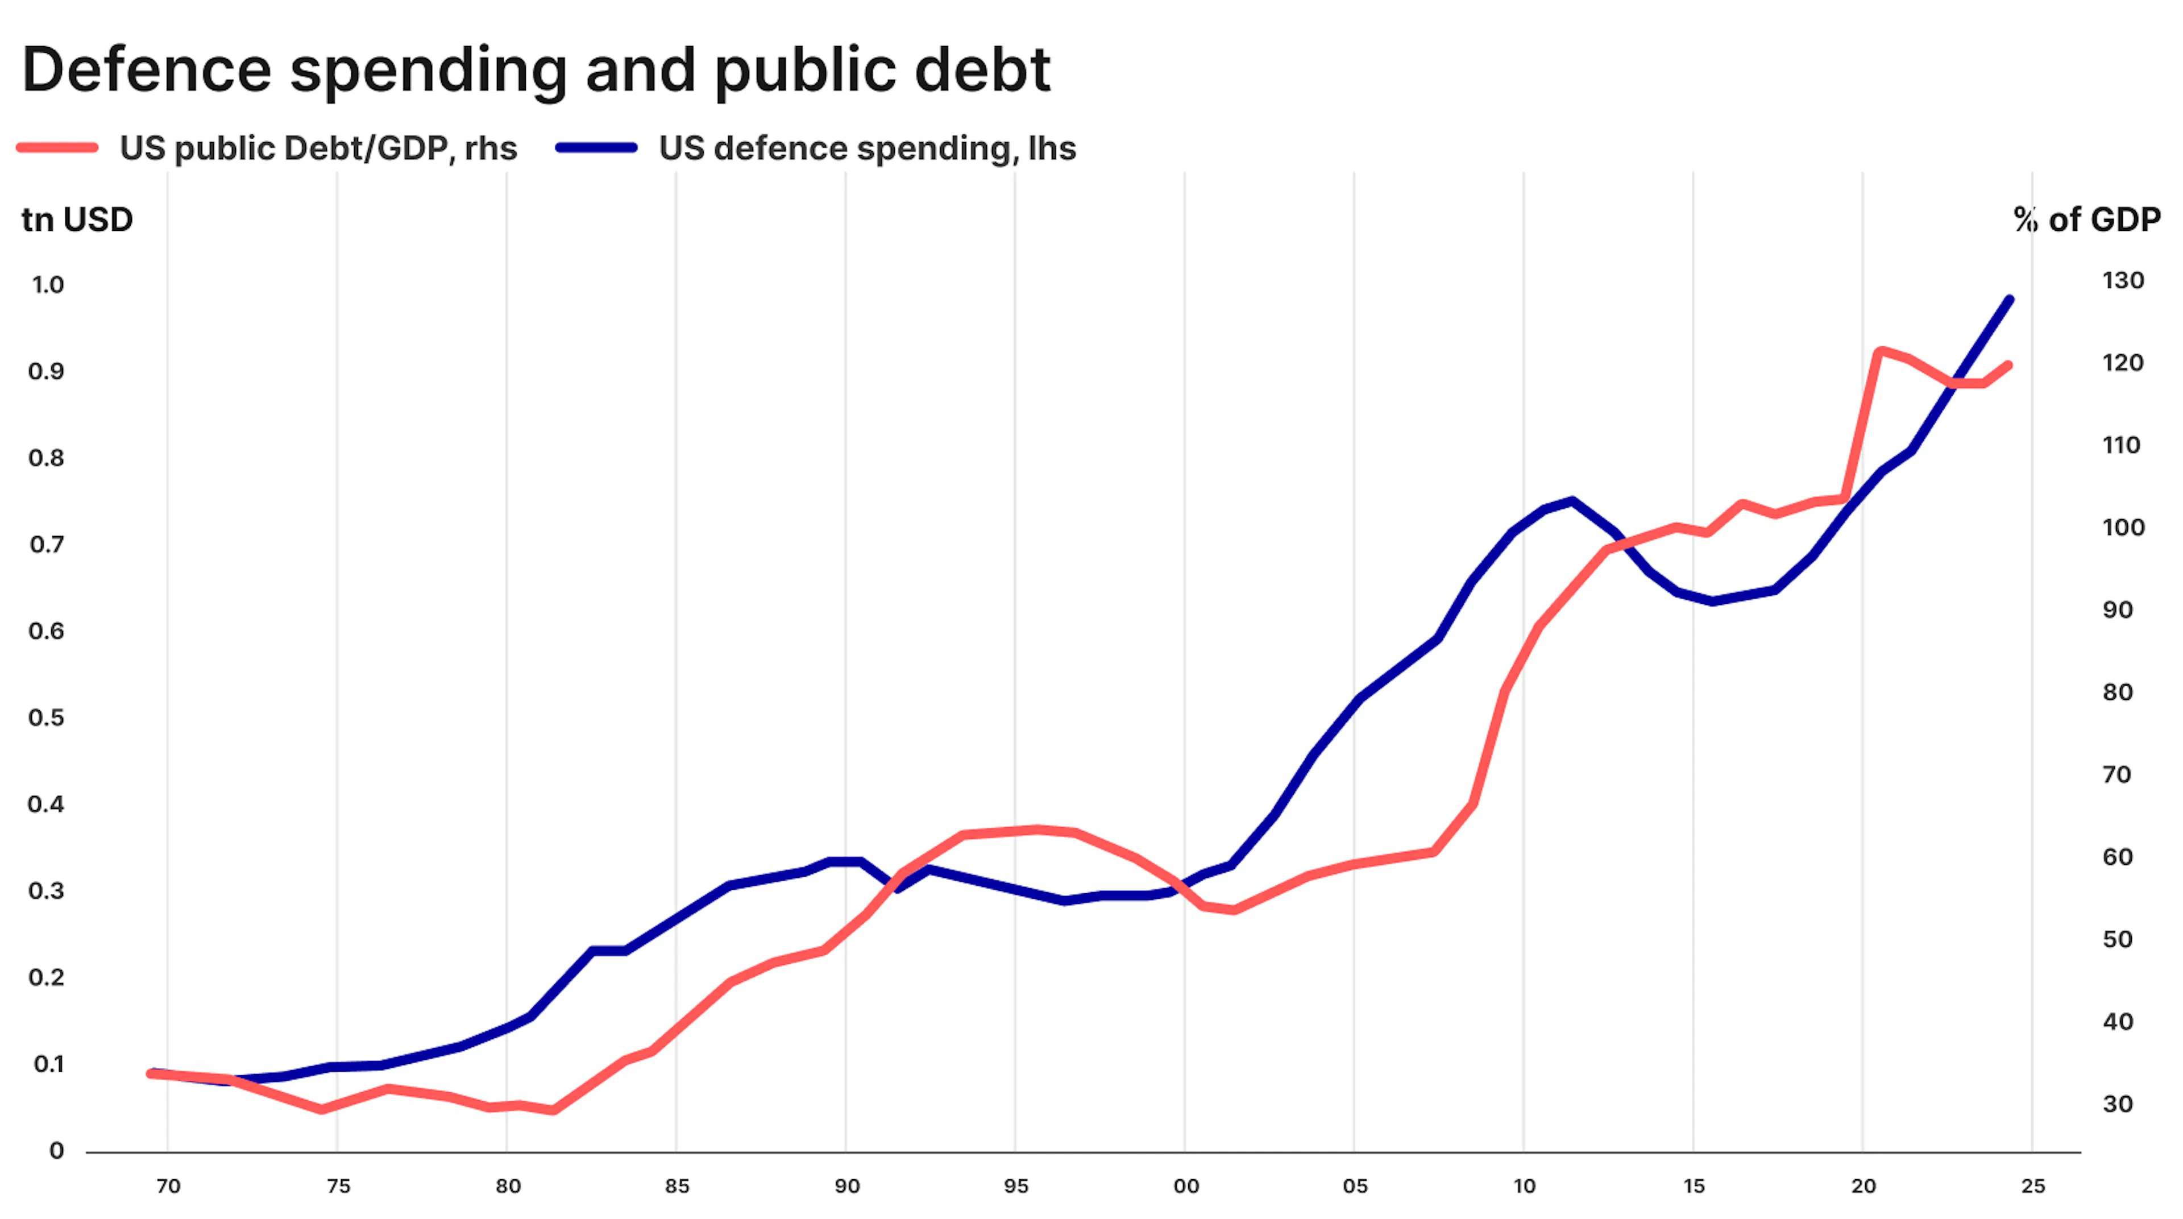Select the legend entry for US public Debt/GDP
pyautogui.click(x=318, y=148)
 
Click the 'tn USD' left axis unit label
pyautogui.click(x=77, y=219)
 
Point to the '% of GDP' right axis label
pyautogui.click(x=2086, y=219)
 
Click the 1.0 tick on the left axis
pyautogui.click(x=47, y=285)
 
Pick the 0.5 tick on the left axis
pyautogui.click(x=47, y=718)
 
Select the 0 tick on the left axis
pyautogui.click(x=56, y=1150)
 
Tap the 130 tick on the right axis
pyautogui.click(x=2122, y=281)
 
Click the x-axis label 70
pyautogui.click(x=169, y=1186)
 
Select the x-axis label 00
pyautogui.click(x=1185, y=1186)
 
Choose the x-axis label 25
pyautogui.click(x=2033, y=1186)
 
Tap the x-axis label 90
pyautogui.click(x=846, y=1186)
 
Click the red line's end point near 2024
pyautogui.click(x=2009, y=366)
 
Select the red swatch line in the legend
pyautogui.click(x=57, y=148)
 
